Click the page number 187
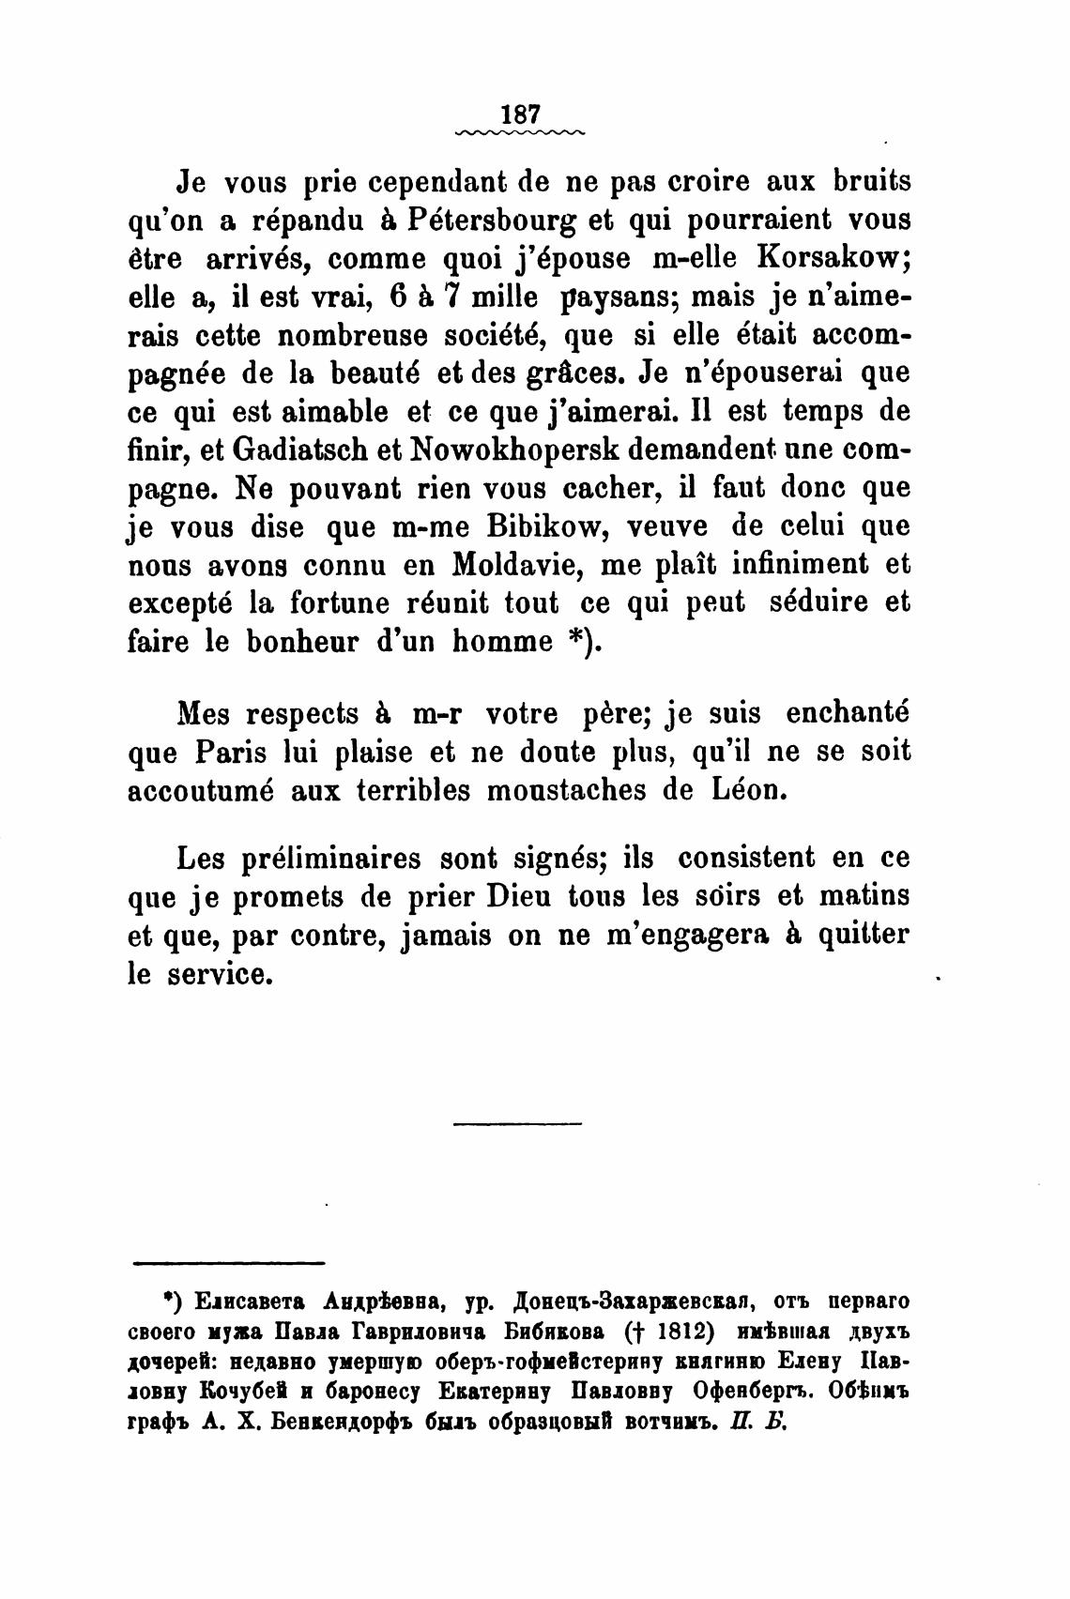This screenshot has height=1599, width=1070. [x=520, y=114]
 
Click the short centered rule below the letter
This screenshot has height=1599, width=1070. [x=517, y=1123]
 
